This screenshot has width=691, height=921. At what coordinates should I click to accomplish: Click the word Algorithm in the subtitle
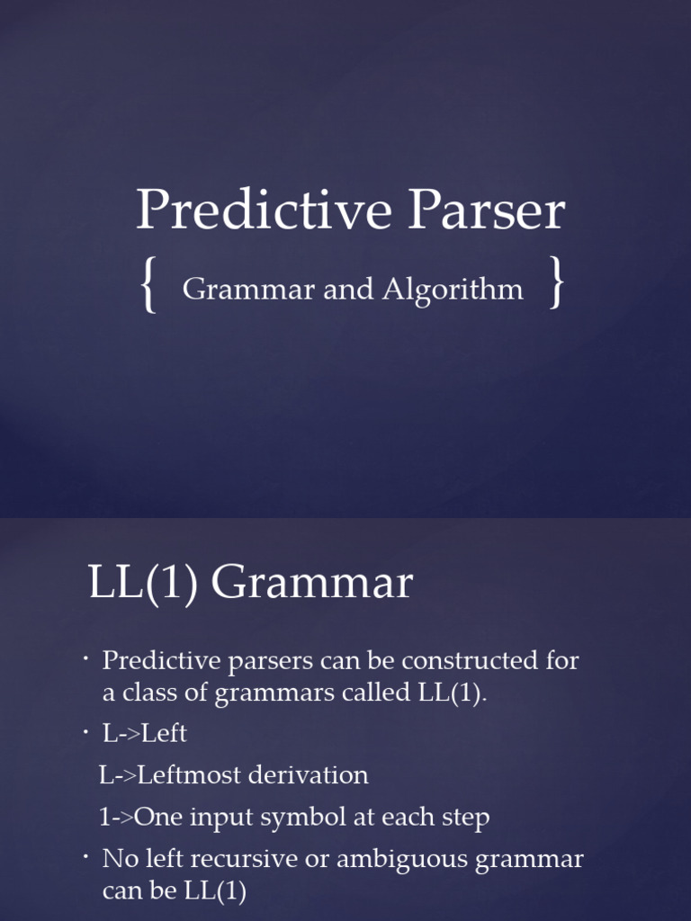point(453,290)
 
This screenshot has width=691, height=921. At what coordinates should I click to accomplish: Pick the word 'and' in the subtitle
point(349,290)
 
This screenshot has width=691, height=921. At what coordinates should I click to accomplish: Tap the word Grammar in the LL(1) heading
point(312,583)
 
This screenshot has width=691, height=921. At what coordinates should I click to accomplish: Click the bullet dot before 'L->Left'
point(86,732)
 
